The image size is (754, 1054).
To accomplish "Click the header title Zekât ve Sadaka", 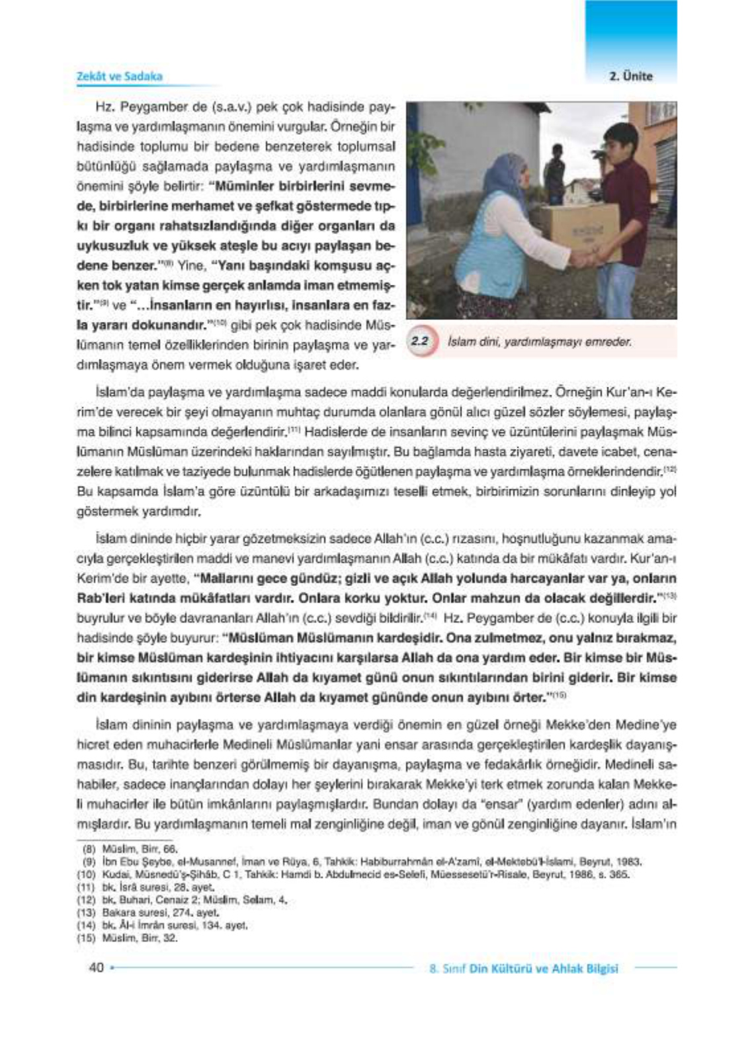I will click(120, 76).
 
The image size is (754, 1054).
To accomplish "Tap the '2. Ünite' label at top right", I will click(630, 77).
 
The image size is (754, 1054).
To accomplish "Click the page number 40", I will click(96, 968).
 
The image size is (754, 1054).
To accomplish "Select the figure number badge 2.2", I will click(420, 342).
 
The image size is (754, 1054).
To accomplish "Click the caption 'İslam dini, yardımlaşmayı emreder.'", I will click(539, 343).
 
